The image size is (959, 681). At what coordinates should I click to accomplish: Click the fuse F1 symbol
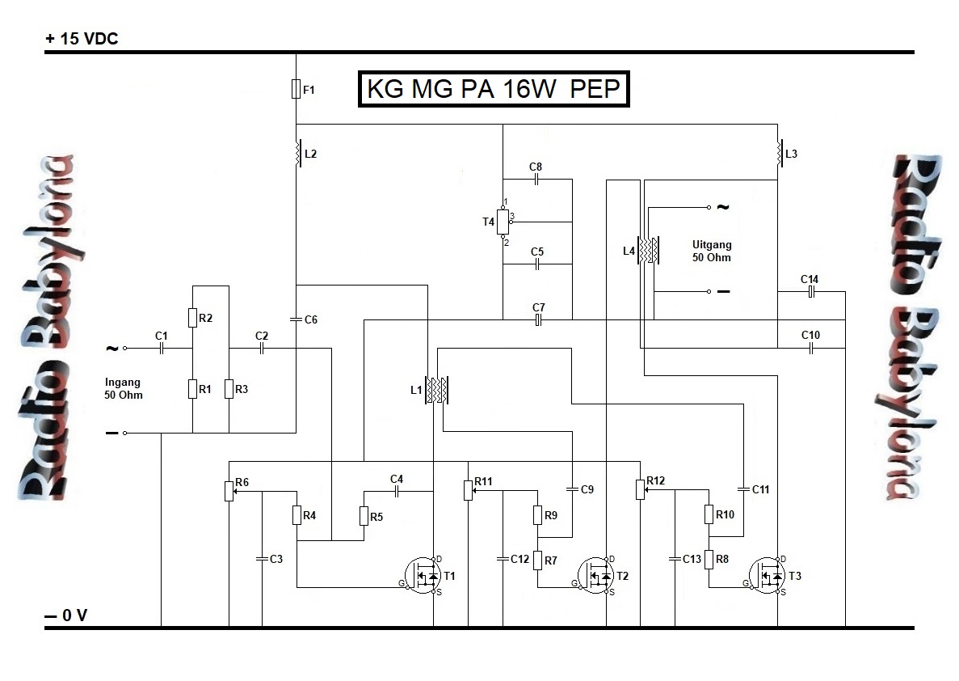click(296, 89)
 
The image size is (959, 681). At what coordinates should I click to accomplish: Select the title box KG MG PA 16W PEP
click(493, 89)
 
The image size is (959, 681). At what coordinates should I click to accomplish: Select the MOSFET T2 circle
click(596, 575)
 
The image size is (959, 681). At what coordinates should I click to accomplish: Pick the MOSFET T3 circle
click(768, 575)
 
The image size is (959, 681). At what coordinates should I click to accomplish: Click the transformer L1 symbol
click(437, 390)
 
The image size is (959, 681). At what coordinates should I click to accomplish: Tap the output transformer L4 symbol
click(648, 251)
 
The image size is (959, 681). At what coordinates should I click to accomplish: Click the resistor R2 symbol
click(193, 318)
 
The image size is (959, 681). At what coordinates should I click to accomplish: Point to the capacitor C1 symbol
click(162, 349)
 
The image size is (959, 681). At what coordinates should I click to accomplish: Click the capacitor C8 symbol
click(536, 180)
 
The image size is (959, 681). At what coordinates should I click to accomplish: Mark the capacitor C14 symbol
click(810, 292)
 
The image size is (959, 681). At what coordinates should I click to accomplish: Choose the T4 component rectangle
click(503, 220)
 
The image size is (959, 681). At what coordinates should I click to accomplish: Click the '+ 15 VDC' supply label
click(82, 39)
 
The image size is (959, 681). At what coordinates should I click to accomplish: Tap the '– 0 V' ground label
click(66, 616)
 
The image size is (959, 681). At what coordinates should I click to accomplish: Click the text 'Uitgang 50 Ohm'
click(711, 251)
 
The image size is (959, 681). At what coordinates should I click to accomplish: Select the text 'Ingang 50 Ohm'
click(124, 388)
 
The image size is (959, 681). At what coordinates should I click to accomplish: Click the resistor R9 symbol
click(537, 515)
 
